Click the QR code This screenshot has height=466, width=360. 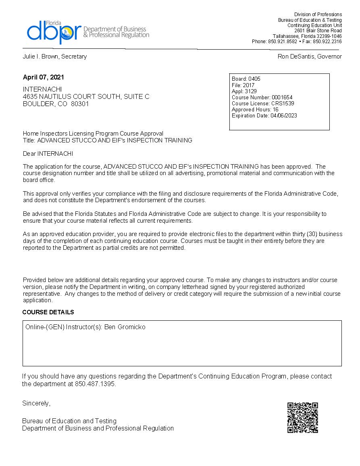pos(302,418)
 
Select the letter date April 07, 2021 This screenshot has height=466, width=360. pos(44,77)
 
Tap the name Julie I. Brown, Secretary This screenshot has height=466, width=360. pos(55,56)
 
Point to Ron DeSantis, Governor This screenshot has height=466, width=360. pos(310,56)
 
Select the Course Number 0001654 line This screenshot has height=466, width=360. pos(262,97)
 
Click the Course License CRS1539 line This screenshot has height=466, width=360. pos(263,103)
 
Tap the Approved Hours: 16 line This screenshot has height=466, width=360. pos(255,109)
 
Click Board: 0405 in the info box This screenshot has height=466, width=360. pos(246,79)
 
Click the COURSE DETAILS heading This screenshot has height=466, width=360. pos(48,312)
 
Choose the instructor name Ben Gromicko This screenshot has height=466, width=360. pos(125,327)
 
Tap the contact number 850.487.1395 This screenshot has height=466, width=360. pos(95,384)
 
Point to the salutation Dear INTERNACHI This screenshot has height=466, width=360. pos(48,154)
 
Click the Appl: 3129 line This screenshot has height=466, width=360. pos(244,91)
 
